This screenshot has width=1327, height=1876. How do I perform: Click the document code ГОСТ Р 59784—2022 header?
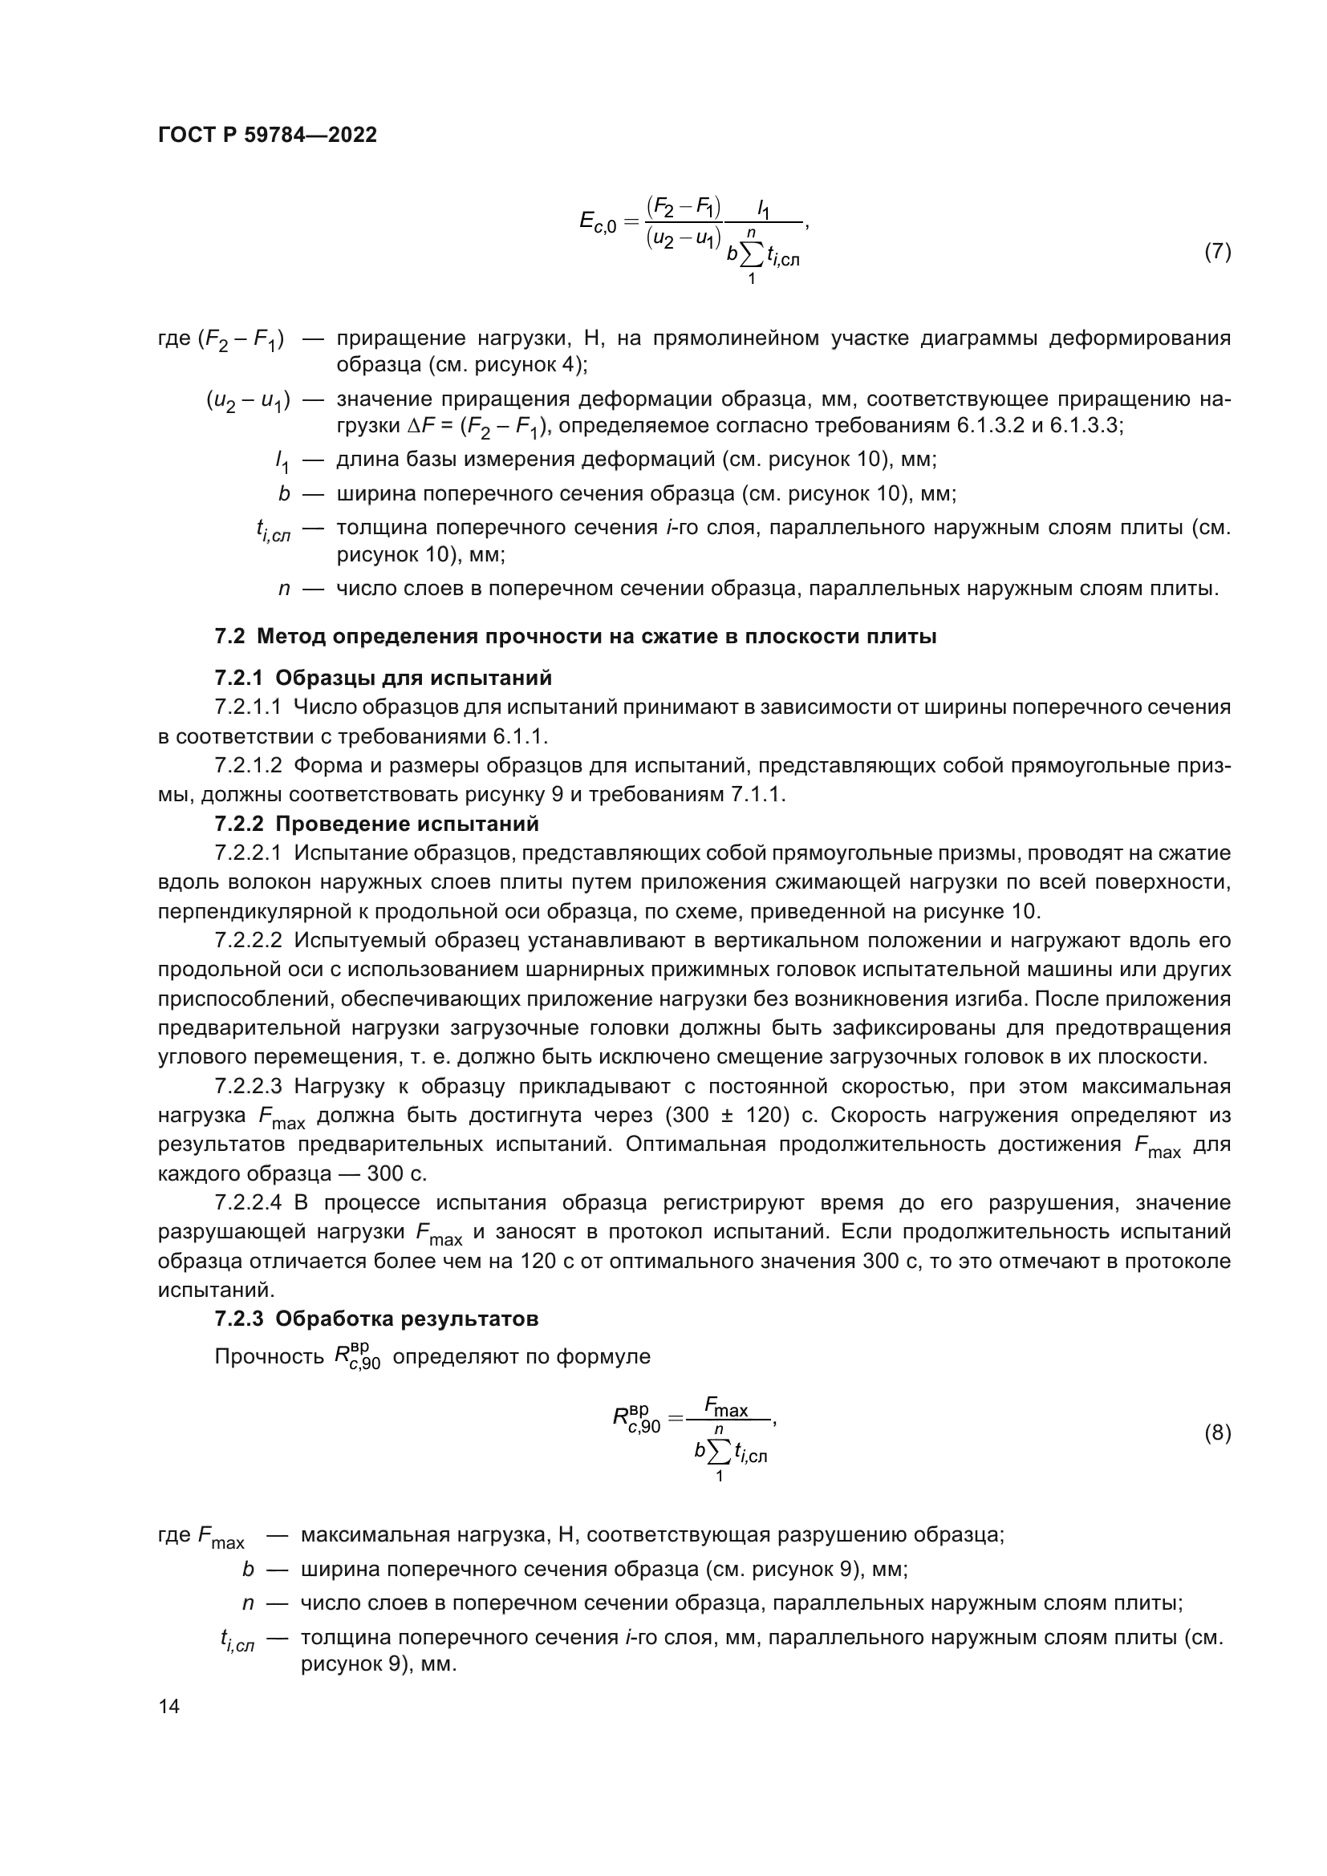click(267, 136)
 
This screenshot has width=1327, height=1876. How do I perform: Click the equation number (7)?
click(1217, 252)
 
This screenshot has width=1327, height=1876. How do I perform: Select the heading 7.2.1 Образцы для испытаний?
click(383, 679)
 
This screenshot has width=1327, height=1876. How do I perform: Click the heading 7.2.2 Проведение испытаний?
click(377, 824)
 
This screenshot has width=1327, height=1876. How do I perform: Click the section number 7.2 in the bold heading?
click(229, 637)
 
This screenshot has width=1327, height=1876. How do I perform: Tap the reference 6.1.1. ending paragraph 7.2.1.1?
click(520, 737)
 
